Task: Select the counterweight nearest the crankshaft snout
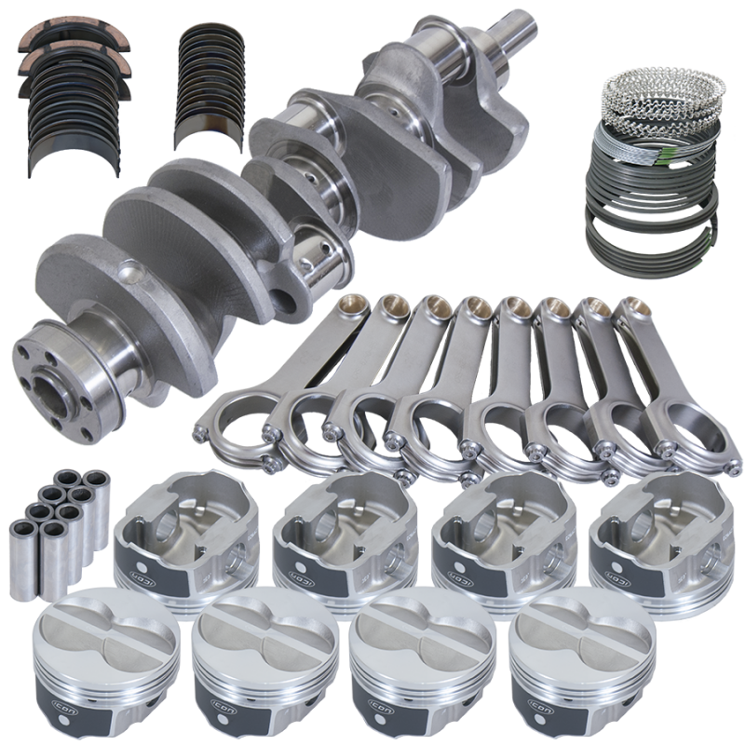411,84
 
